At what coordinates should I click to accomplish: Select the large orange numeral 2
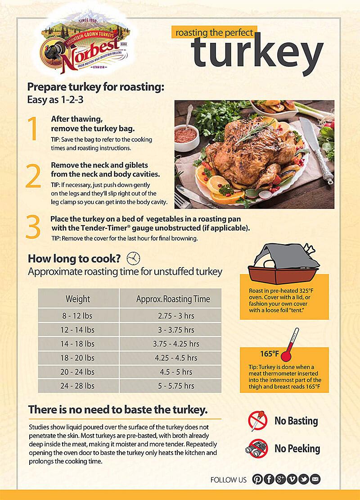(33, 177)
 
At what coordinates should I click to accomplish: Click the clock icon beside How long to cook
(133, 258)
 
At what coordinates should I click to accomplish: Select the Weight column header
(78, 299)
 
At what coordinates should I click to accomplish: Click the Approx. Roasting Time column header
(173, 299)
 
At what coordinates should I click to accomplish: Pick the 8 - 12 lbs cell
(78, 316)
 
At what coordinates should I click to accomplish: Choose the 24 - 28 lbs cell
(78, 386)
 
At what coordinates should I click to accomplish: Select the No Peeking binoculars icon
(258, 449)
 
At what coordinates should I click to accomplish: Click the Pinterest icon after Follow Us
(257, 479)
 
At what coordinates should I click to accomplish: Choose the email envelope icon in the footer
(315, 479)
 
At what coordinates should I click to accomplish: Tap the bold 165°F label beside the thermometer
(269, 353)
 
